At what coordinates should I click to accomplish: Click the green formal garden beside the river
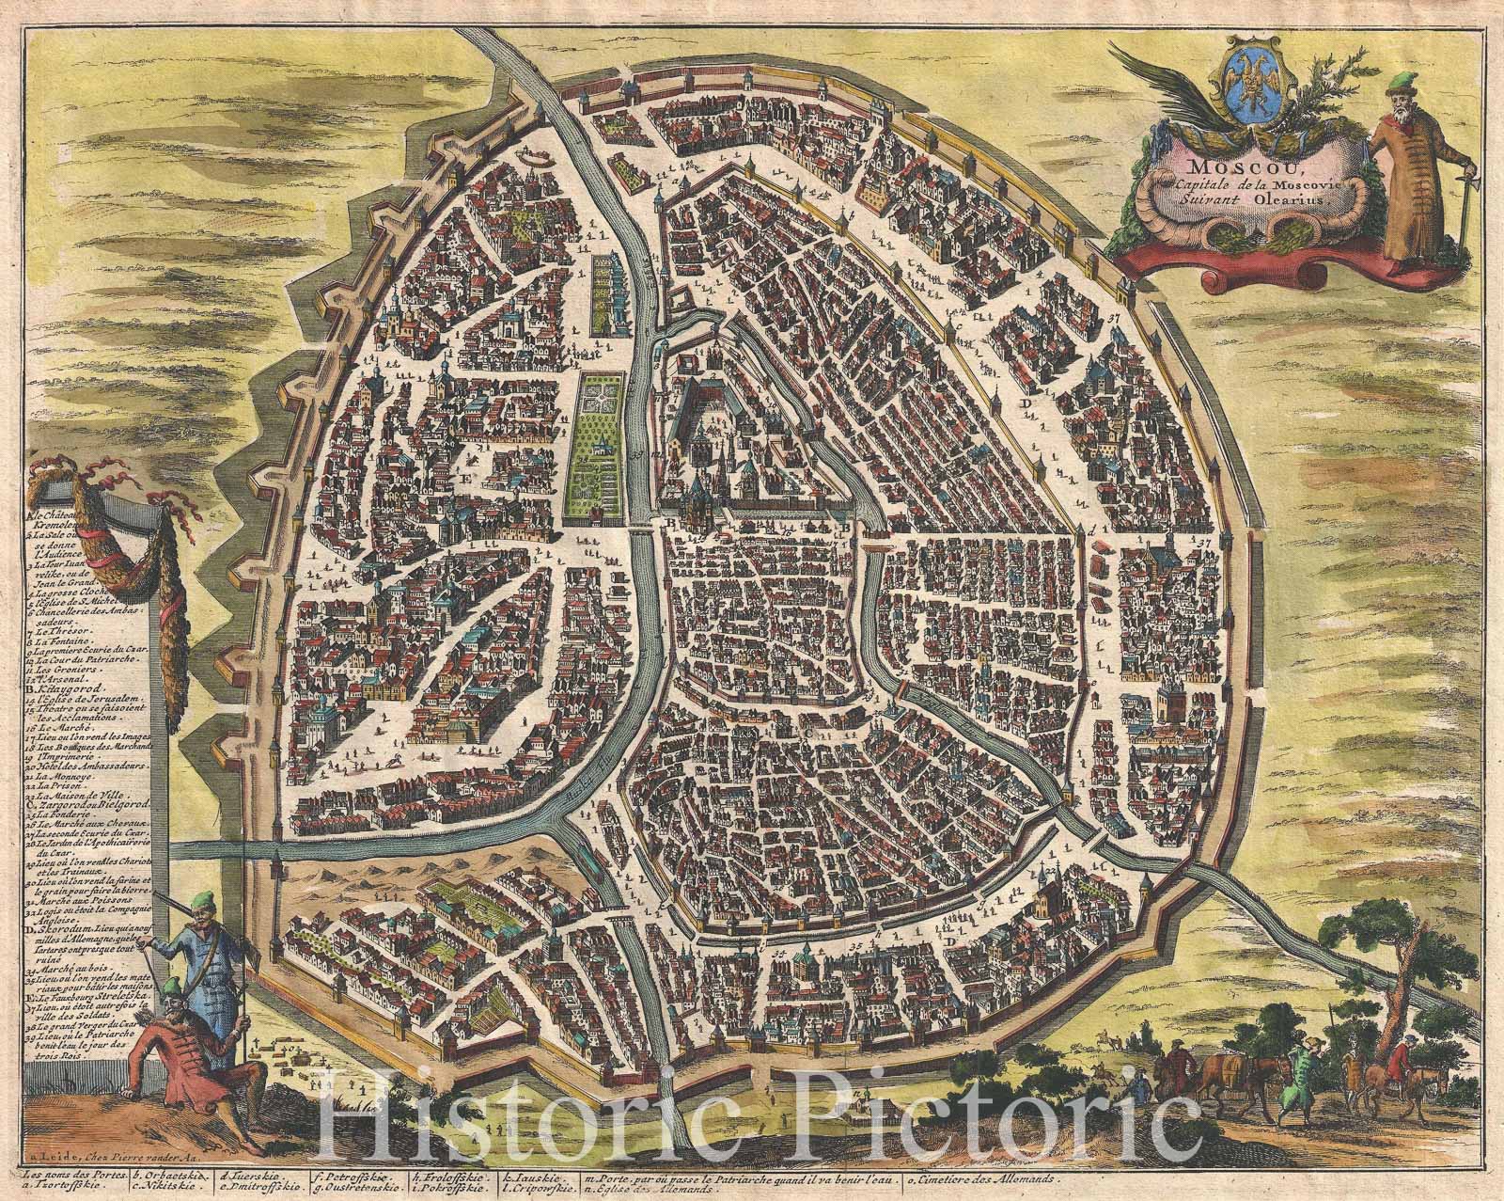597,447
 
